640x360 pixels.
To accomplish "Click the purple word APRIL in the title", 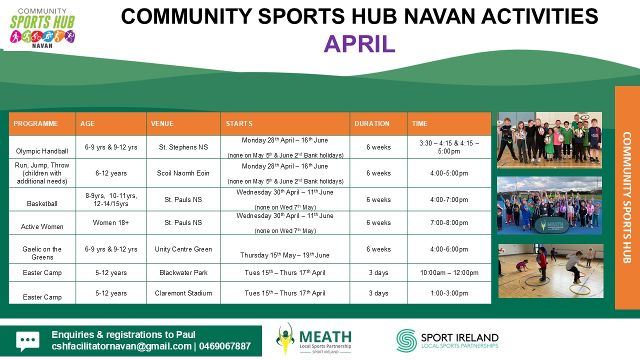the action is tap(359, 44).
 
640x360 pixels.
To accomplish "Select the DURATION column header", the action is tap(371, 123).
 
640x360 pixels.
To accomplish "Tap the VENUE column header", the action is tap(162, 123).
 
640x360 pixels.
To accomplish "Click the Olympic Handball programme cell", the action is tap(42, 151).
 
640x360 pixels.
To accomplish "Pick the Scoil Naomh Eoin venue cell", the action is tap(183, 173).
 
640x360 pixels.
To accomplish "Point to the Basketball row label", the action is tap(42, 203).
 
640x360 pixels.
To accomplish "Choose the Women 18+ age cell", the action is tap(111, 222).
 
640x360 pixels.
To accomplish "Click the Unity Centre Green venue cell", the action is tap(183, 249).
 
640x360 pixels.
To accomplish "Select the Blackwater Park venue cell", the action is tap(183, 272).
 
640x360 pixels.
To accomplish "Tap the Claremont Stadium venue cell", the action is tap(183, 293).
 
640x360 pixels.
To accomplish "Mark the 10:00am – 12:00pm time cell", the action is tap(449, 272).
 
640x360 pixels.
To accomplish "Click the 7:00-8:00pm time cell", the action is tap(449, 222).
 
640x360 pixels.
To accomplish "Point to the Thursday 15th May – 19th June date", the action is tap(285, 255).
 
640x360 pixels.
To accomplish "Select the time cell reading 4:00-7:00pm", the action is tap(449, 199).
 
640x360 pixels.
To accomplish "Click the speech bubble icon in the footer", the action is tap(27, 341).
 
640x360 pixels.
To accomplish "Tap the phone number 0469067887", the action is tap(225, 346).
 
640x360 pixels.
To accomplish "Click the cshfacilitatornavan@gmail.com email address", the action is tap(121, 346).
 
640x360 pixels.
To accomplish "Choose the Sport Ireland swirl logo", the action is tap(406, 340).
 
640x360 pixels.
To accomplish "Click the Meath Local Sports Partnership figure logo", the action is tap(285, 338).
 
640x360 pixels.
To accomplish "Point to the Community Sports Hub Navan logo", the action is tap(42, 28).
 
